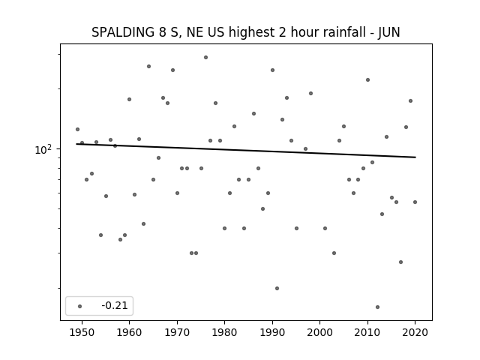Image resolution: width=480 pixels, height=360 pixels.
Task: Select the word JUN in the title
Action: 388,33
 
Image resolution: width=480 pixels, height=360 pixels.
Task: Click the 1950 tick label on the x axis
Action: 82,332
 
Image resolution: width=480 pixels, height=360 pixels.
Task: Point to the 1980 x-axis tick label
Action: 224,332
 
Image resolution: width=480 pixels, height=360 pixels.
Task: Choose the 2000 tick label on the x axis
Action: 319,332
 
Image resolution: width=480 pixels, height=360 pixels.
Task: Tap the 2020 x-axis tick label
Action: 415,332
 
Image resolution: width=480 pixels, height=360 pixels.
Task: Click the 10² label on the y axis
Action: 43,150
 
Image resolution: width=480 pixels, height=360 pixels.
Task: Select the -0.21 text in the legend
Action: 115,305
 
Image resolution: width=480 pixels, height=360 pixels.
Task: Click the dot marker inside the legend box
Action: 80,306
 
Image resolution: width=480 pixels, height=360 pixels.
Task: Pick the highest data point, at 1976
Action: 205,57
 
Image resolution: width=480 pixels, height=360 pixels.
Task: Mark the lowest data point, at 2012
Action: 377,307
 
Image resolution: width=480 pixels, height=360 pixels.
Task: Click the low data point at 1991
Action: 277,288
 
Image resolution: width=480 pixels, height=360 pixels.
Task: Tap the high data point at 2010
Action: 367,80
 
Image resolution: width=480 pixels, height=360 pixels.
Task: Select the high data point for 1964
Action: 148,67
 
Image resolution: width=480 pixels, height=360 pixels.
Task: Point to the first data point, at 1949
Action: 77,129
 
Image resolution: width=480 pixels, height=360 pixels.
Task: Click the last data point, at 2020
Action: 415,202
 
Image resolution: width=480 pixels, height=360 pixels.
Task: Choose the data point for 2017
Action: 400,262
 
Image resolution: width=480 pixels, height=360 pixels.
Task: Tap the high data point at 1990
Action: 272,70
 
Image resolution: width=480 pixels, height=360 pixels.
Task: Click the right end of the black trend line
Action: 415,157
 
